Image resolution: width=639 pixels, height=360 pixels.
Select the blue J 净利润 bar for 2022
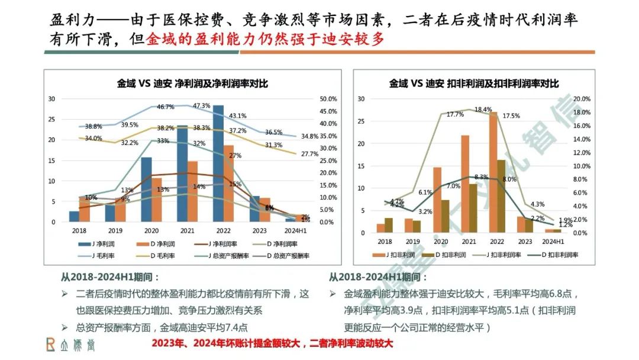(x=218, y=163)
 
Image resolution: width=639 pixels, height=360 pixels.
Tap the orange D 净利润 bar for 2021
(x=192, y=191)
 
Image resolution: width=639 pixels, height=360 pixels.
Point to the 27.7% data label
(x=309, y=154)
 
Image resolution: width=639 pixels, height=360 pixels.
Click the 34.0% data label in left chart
(x=93, y=139)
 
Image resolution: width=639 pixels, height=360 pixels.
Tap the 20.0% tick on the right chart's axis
(x=582, y=99)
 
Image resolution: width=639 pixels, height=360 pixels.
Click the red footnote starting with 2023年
(x=273, y=343)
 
